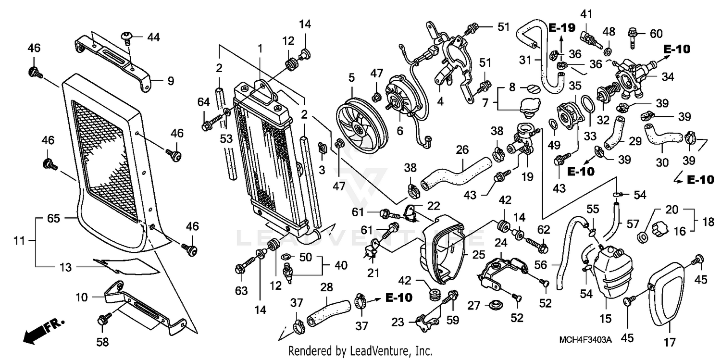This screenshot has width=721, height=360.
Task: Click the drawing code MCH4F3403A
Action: point(585,340)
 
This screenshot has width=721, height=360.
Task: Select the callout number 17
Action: point(670,342)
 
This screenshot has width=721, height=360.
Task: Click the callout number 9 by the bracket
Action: point(171,81)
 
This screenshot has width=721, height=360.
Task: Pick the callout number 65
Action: point(53,218)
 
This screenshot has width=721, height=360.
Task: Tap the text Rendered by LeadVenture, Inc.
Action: point(360,351)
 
